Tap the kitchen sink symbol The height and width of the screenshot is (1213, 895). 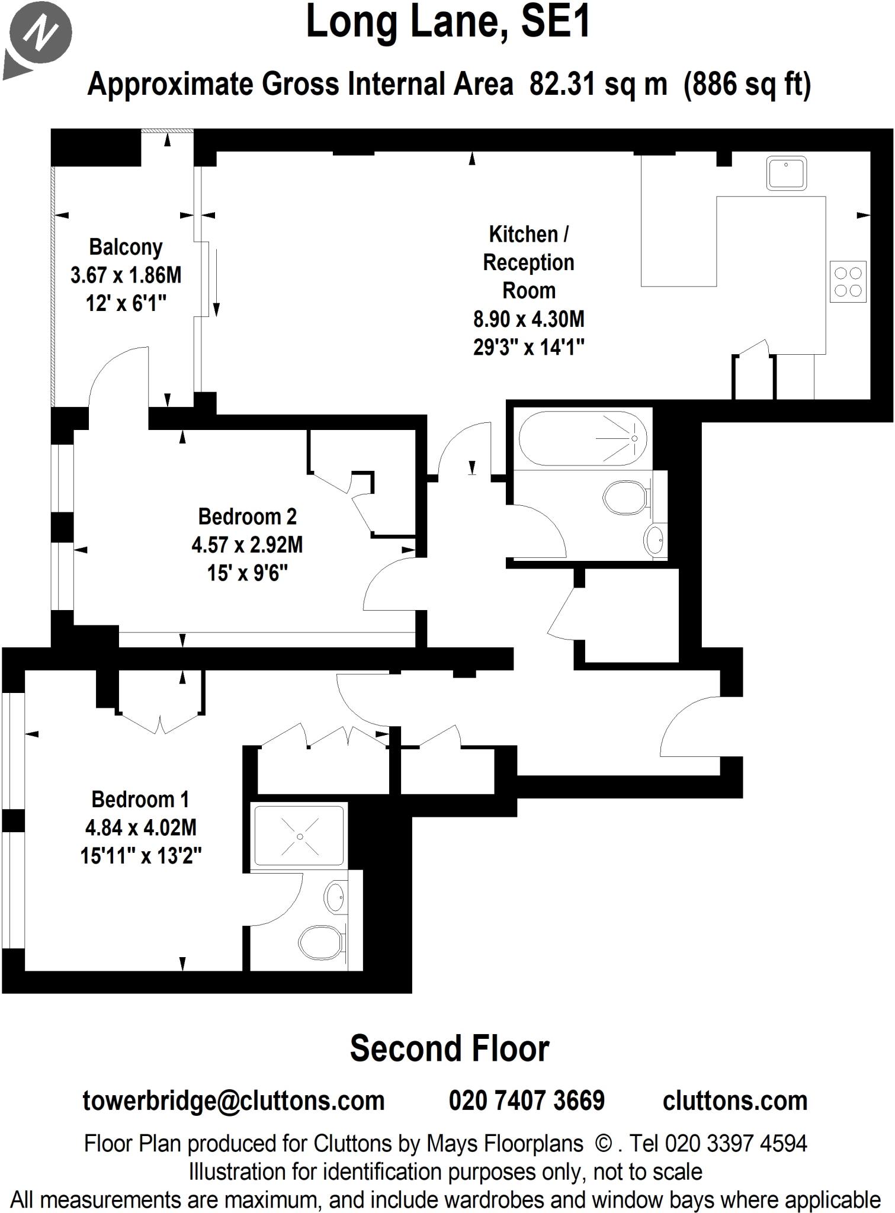click(x=786, y=173)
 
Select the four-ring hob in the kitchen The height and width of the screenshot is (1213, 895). click(x=848, y=281)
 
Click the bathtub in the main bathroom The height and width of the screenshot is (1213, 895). click(x=582, y=438)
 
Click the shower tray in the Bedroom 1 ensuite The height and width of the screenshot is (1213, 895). click(x=300, y=836)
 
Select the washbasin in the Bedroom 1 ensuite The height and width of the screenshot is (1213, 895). click(x=335, y=898)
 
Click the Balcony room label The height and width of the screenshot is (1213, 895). click(x=126, y=247)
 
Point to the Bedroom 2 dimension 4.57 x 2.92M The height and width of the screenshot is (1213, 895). click(x=247, y=544)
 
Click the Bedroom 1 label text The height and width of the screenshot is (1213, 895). click(x=140, y=799)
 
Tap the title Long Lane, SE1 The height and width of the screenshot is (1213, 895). click(x=448, y=23)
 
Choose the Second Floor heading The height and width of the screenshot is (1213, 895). click(x=449, y=1049)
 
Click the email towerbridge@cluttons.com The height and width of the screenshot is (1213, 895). click(x=233, y=1100)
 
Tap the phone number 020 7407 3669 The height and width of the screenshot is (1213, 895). click(x=527, y=1100)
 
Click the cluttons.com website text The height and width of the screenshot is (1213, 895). click(x=735, y=1100)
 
